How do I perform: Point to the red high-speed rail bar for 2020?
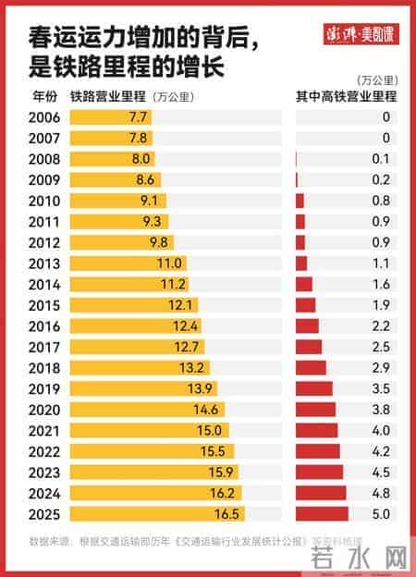point(315,410)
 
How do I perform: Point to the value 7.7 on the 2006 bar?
point(137,117)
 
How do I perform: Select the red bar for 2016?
point(307,325)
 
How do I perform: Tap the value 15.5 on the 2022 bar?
point(212,451)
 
